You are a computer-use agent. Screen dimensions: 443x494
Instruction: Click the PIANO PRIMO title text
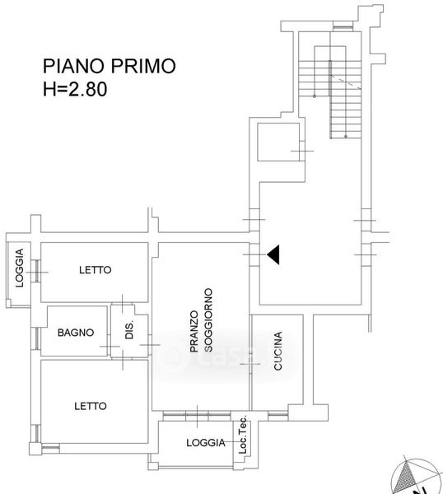pyautogui.click(x=109, y=66)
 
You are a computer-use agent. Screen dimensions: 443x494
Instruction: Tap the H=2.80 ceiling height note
pyautogui.click(x=75, y=89)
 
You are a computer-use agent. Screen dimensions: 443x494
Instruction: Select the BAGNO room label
pyautogui.click(x=76, y=333)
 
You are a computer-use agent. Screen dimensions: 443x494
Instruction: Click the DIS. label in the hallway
pyautogui.click(x=129, y=329)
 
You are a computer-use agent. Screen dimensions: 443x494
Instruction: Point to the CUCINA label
pyautogui.click(x=277, y=351)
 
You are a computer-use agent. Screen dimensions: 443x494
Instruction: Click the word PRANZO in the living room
pyautogui.click(x=194, y=332)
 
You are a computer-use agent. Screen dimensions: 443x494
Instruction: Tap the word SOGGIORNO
pyautogui.click(x=208, y=320)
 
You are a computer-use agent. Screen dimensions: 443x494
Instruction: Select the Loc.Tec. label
pyautogui.click(x=242, y=435)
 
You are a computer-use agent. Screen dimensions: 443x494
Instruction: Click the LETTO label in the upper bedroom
pyautogui.click(x=96, y=270)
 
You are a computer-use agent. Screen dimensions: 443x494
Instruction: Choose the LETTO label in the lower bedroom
pyautogui.click(x=91, y=406)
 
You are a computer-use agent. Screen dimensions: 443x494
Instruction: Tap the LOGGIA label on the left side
pyautogui.click(x=20, y=268)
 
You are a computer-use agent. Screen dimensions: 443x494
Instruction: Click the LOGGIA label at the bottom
pyautogui.click(x=206, y=443)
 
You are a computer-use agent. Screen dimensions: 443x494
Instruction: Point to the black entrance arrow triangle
pyautogui.click(x=273, y=254)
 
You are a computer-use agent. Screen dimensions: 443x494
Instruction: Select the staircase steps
pyautogui.click(x=330, y=100)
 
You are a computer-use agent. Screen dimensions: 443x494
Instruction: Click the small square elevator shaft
pyautogui.click(x=278, y=142)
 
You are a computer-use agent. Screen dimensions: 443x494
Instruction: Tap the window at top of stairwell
pyautogui.click(x=343, y=27)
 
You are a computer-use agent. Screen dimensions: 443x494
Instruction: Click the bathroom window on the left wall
pyautogui.click(x=37, y=338)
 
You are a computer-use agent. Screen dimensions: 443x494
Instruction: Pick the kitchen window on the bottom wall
pyautogui.click(x=277, y=416)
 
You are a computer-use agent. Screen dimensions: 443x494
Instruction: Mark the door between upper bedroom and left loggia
pyautogui.click(x=37, y=271)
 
